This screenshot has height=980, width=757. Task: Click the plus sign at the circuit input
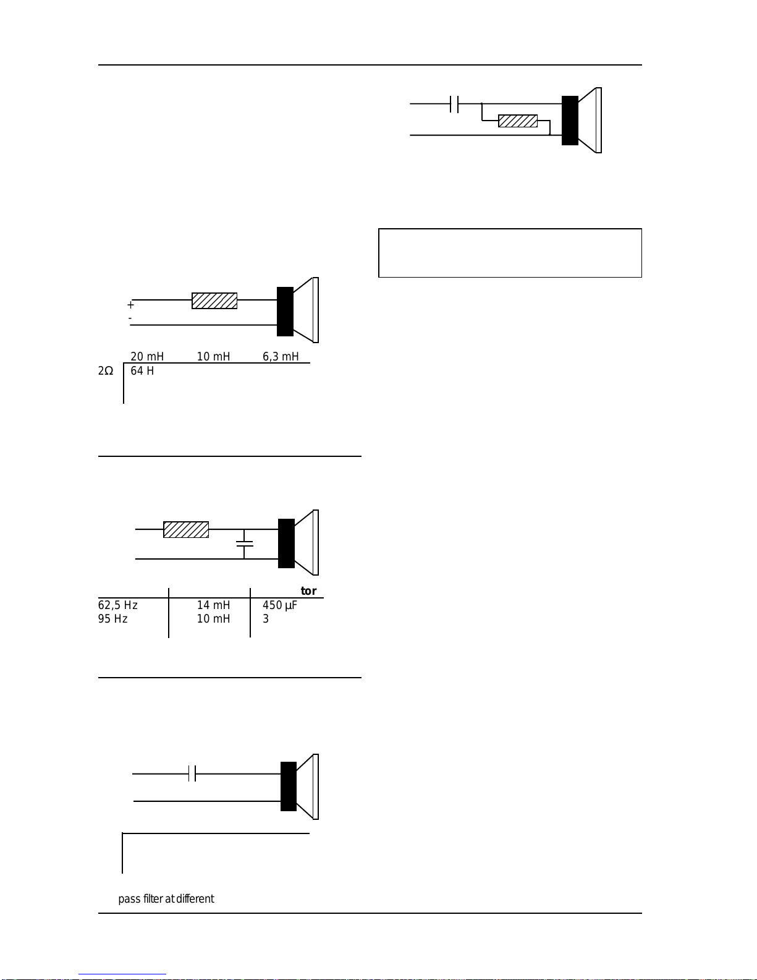point(130,305)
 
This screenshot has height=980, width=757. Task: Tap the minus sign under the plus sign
point(130,318)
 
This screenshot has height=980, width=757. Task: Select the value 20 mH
point(147,356)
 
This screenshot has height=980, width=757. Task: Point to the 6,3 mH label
point(281,356)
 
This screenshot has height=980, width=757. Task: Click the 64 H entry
point(142,371)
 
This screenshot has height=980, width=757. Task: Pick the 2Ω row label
point(106,371)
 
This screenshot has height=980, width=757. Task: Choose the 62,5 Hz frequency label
point(117,605)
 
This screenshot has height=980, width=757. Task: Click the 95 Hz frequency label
point(112,619)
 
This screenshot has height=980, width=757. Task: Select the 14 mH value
point(213,605)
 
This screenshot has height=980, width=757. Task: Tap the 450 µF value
point(280,605)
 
